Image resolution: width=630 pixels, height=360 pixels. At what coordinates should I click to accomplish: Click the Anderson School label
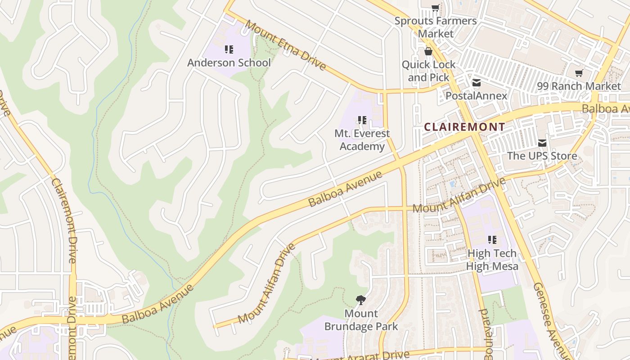(229, 63)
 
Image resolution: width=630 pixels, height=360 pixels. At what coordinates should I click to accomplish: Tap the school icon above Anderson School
(229, 49)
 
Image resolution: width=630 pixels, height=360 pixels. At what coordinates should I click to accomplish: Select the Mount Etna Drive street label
(286, 45)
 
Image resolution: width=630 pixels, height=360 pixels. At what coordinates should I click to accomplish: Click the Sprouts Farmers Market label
(435, 27)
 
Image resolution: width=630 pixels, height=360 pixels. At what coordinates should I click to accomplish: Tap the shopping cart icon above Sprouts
(435, 8)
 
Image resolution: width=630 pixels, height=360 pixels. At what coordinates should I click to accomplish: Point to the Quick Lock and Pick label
(428, 71)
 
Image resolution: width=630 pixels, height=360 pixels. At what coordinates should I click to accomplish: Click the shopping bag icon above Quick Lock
(428, 51)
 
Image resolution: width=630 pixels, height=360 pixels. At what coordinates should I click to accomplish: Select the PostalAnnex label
(476, 96)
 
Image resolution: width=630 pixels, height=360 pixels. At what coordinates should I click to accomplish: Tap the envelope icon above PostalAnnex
(476, 83)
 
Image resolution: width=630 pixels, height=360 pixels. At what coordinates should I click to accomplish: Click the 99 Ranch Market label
(579, 86)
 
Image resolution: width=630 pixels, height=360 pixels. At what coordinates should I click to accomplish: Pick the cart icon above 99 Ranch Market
(579, 73)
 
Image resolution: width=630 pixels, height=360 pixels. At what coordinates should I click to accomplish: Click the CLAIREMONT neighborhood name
(465, 127)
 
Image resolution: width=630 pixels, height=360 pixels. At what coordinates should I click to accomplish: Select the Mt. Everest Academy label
(362, 140)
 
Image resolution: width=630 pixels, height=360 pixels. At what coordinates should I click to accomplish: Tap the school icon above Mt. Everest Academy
(362, 120)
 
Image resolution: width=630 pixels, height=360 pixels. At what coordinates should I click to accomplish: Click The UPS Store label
(542, 156)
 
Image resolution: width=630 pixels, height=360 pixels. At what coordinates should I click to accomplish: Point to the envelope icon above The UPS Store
(542, 143)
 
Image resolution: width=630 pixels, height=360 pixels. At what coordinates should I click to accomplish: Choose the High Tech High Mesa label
(492, 260)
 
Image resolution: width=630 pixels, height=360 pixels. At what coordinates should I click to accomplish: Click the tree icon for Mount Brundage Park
(360, 300)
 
